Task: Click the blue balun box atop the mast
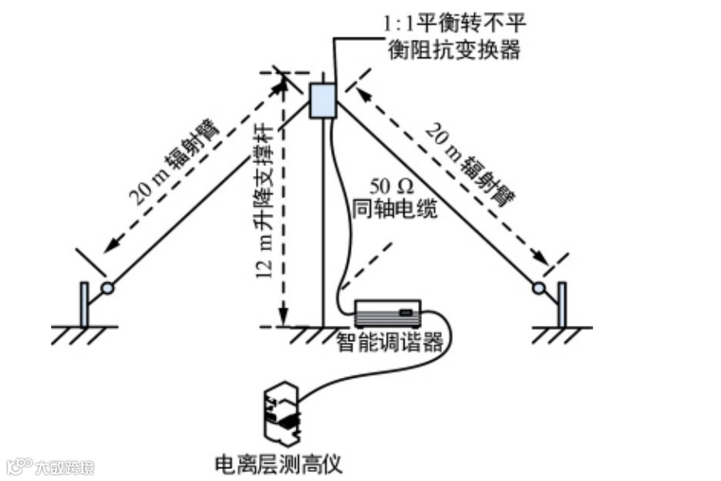click(x=322, y=100)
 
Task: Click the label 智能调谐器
click(x=389, y=343)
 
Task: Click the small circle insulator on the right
click(x=539, y=288)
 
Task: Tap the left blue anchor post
click(x=84, y=304)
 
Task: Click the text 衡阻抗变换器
click(x=454, y=50)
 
